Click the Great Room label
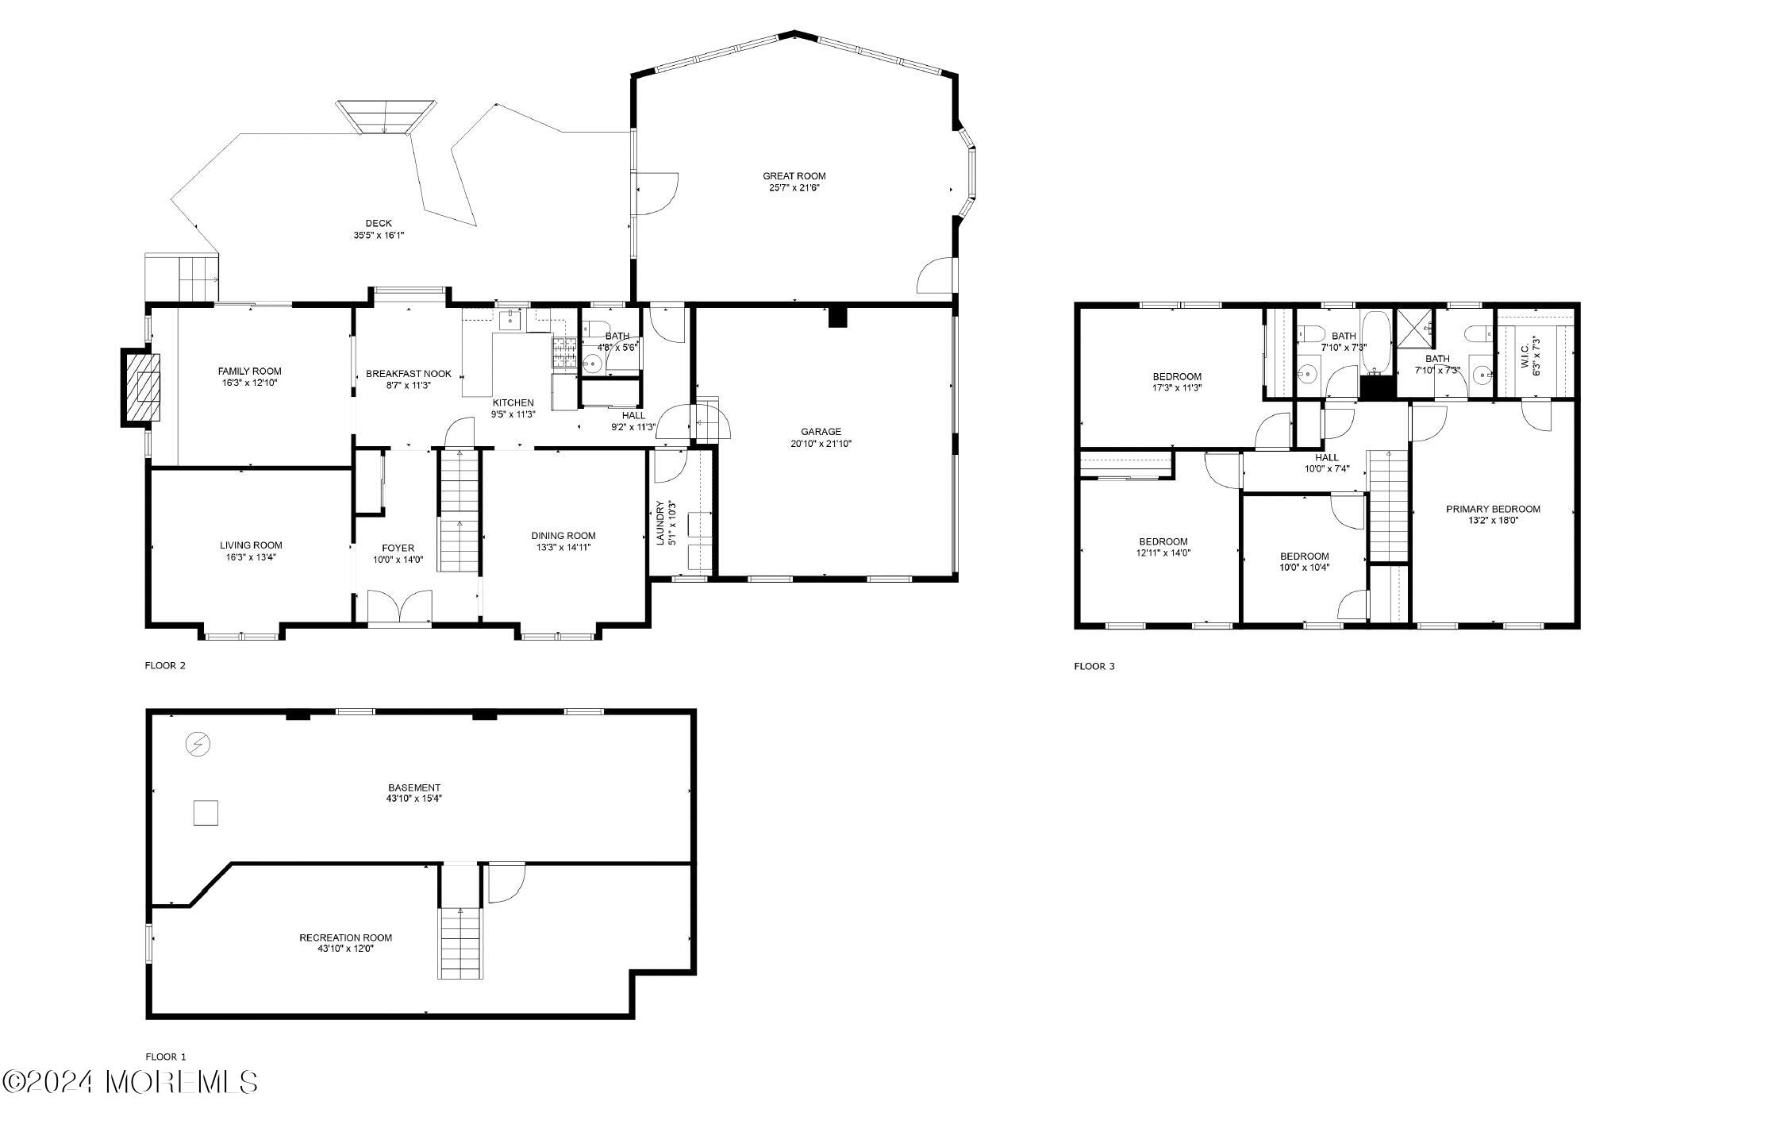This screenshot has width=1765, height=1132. point(794,176)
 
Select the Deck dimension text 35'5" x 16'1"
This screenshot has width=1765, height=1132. point(379,236)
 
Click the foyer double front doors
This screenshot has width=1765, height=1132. point(401,609)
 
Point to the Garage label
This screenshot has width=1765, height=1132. point(821,432)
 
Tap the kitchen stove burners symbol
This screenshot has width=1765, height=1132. point(564,353)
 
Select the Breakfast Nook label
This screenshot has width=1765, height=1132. point(408,374)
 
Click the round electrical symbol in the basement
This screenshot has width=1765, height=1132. point(198,745)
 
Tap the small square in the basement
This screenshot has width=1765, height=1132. point(206,813)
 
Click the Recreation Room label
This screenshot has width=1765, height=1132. point(345,938)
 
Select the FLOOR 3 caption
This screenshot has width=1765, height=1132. point(1094,666)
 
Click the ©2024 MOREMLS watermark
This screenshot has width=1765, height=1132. point(130,1082)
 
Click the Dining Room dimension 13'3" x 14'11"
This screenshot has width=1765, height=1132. point(563,547)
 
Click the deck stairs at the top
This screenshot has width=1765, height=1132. point(386,116)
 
